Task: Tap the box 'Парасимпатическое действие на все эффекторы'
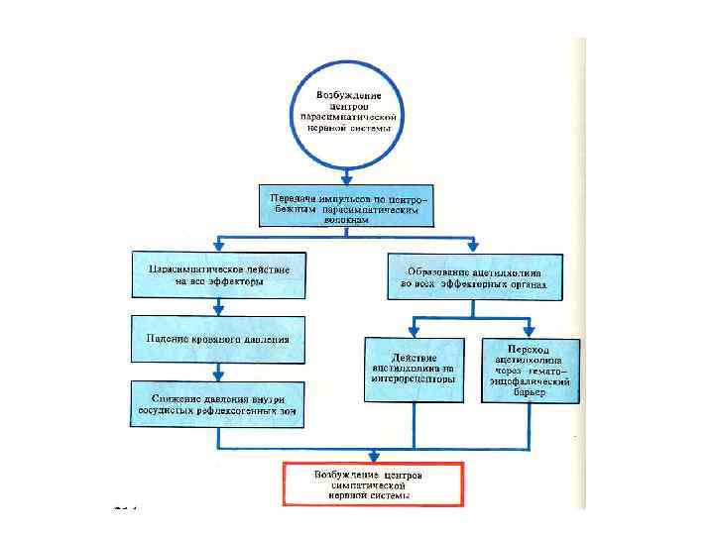219,274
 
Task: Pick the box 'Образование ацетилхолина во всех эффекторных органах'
474,276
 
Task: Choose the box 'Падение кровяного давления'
219,339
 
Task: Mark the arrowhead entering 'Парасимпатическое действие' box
219,247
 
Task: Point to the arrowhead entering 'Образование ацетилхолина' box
474,247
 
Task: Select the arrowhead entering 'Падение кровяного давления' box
219,311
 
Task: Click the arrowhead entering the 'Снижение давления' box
219,375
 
